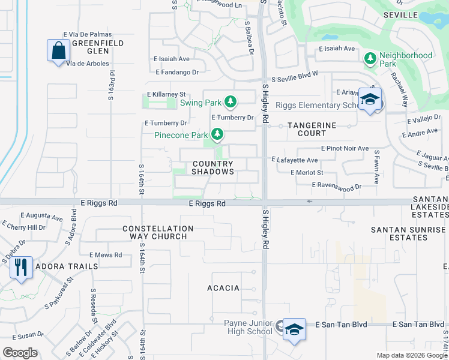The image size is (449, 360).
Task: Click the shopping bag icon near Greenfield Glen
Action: click(x=59, y=51)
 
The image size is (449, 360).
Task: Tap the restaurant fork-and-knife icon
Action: click(x=22, y=268)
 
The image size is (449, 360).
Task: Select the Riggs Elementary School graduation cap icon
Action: click(x=370, y=100)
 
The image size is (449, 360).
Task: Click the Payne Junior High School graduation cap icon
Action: click(x=294, y=329)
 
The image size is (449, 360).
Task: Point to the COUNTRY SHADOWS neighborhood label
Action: click(x=212, y=167)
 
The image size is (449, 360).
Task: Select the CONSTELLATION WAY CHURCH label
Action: click(x=158, y=232)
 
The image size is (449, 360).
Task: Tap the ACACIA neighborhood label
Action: click(x=223, y=288)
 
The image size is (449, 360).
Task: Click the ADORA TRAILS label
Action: click(x=67, y=266)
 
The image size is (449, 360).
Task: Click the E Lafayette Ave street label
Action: click(x=295, y=160)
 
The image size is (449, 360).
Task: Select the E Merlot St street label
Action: click(x=307, y=172)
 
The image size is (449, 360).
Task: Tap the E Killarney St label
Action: click(x=167, y=95)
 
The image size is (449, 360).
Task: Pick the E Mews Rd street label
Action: click(x=106, y=255)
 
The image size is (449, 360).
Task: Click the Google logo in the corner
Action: click(x=20, y=353)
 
